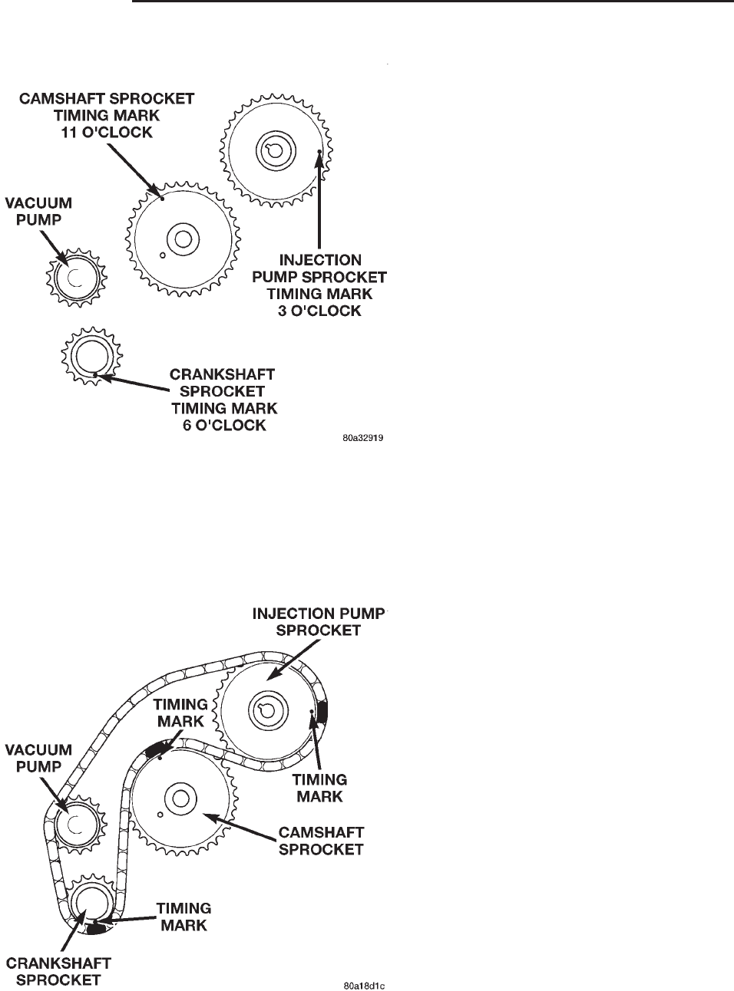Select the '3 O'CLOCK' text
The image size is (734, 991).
click(319, 311)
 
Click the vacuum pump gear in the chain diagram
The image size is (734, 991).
click(74, 824)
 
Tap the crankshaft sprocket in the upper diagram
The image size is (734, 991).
click(89, 356)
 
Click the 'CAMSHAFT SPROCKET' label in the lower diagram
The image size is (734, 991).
click(322, 841)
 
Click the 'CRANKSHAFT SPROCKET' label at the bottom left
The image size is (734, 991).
click(59, 971)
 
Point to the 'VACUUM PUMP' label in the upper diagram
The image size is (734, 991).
click(38, 211)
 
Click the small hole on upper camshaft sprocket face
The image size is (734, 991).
click(162, 255)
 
